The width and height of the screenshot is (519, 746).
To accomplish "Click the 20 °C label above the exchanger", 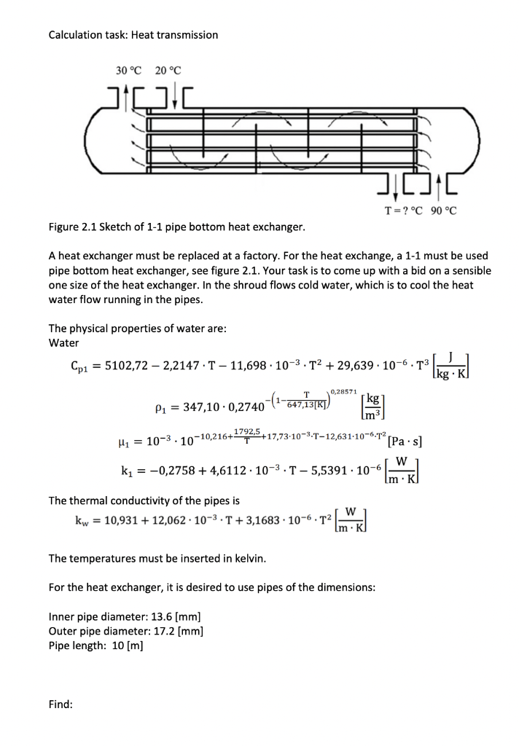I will tap(168, 71).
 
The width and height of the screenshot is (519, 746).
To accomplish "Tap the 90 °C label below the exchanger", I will tap(441, 211).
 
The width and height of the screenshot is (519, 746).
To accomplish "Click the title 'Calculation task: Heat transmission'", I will tap(133, 34).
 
